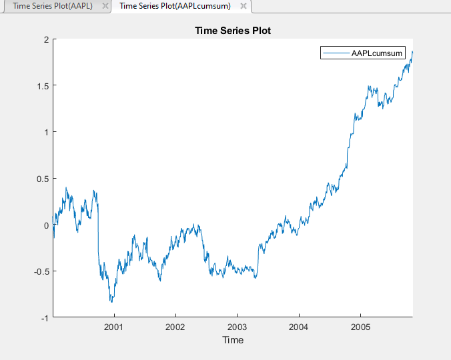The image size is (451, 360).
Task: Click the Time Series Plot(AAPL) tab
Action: click(x=52, y=6)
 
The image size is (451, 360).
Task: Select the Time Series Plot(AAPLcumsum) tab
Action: click(x=175, y=6)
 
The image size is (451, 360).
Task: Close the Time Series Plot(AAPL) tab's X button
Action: click(x=105, y=6)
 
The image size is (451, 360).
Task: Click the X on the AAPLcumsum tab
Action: click(x=244, y=6)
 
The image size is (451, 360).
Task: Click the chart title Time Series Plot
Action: click(x=232, y=31)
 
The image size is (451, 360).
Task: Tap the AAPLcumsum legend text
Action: click(x=378, y=53)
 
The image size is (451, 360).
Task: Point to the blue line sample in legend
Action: click(x=336, y=53)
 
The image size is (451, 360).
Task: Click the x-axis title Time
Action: click(x=233, y=340)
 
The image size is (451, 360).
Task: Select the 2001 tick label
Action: click(x=114, y=327)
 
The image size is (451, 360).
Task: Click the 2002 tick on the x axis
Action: click(x=175, y=327)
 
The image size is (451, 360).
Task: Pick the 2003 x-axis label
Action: click(x=237, y=327)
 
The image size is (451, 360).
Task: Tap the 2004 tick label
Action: click(x=299, y=327)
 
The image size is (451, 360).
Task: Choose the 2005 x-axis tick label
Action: click(x=360, y=327)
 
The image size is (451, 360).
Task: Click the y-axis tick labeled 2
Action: click(x=46, y=39)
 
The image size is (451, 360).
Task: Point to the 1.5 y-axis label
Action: click(x=42, y=86)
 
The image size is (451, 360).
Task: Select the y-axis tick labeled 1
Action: click(x=46, y=132)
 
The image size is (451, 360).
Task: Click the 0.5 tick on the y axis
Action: click(x=42, y=179)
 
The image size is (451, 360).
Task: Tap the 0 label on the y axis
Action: click(x=46, y=225)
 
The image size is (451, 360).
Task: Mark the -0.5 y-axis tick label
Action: click(x=41, y=271)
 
